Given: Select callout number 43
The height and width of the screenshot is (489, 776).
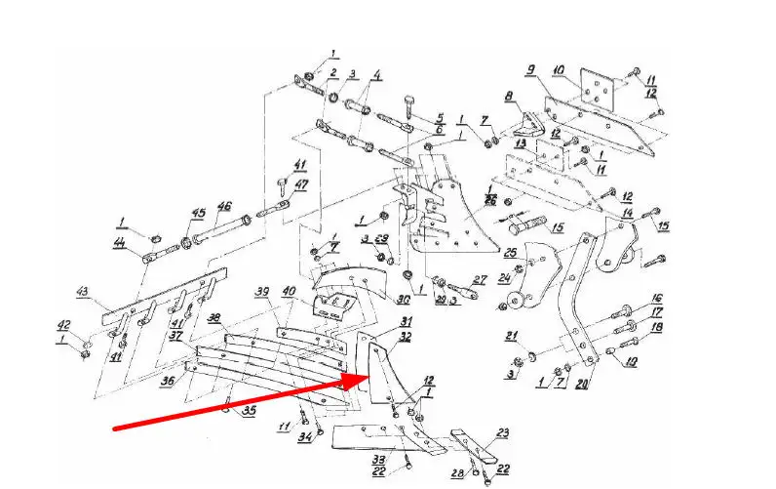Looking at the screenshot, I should (x=83, y=292).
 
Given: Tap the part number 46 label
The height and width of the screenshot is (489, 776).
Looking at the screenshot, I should (x=223, y=207).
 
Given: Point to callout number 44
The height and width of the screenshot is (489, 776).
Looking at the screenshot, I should (x=120, y=245).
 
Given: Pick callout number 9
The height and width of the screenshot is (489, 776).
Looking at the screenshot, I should (x=531, y=70).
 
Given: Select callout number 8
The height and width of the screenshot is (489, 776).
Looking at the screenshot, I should (x=508, y=97).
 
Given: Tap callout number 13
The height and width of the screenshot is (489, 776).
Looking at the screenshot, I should (x=521, y=143).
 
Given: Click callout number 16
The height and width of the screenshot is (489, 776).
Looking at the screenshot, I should (x=657, y=299).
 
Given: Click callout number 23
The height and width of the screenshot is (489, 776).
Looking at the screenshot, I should (x=503, y=432).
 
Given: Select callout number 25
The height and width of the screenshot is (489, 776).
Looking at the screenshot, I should (x=509, y=253).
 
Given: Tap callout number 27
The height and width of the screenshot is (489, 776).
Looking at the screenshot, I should (x=479, y=280).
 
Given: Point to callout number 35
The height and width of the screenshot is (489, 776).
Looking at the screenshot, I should (x=250, y=411).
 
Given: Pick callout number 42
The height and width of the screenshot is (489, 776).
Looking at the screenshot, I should (x=62, y=325).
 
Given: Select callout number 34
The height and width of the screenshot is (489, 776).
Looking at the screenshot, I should (x=305, y=436).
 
